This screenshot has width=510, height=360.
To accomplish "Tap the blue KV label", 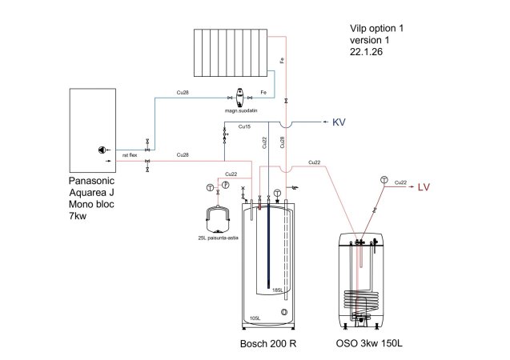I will point(338,122).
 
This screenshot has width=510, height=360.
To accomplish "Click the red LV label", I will point(426,188).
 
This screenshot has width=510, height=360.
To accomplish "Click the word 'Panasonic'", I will point(92,181).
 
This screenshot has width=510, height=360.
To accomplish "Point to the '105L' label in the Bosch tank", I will point(255,317).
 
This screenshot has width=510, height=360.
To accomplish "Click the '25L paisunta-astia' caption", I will point(217,238).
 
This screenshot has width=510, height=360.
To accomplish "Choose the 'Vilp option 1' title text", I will point(371,28).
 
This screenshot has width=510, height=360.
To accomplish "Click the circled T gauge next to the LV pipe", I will point(384,178).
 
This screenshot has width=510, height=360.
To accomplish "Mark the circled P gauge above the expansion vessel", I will point(225,186).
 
